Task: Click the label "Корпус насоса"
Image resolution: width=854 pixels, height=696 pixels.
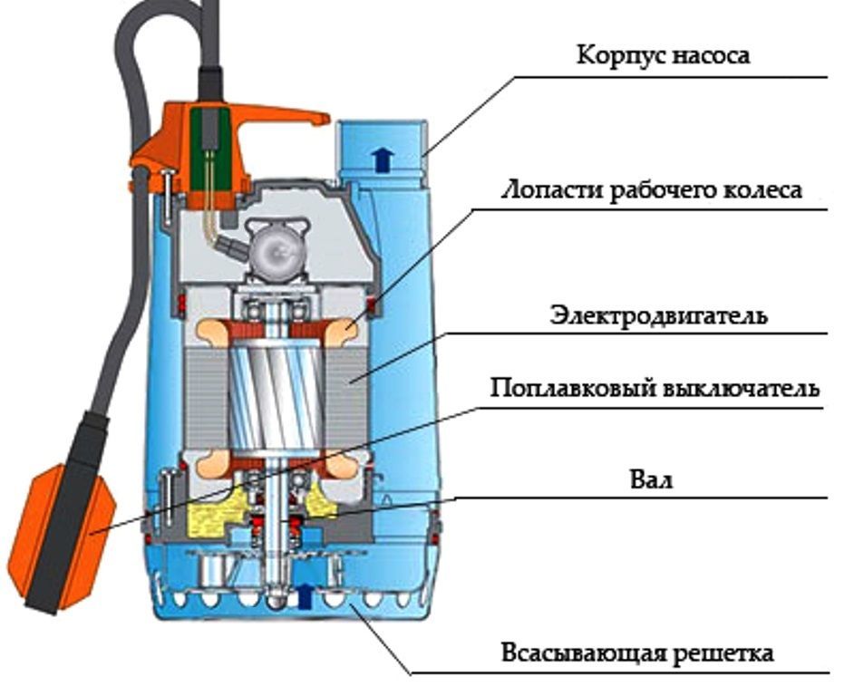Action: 664,55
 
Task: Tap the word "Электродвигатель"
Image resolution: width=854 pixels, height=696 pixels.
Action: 658,315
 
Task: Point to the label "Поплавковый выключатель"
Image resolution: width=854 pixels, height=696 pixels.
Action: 655,389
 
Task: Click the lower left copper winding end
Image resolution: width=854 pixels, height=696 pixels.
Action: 206,464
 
